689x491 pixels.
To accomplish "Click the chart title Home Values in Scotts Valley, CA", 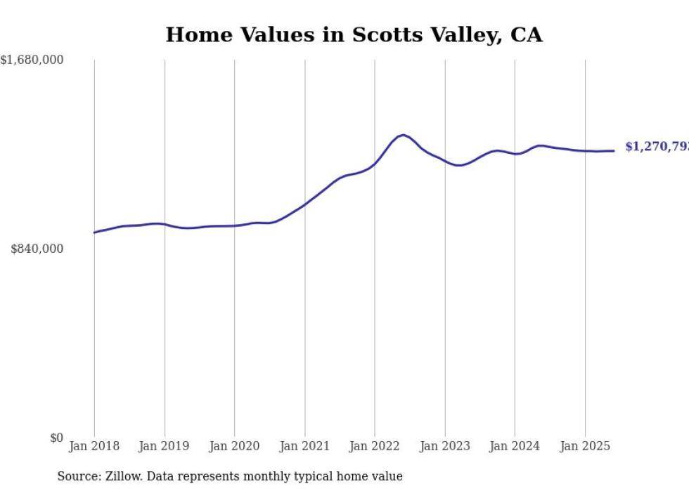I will pos(354,34).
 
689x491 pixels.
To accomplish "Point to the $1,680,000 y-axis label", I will pos(32,60).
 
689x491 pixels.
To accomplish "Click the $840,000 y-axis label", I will pos(37,249).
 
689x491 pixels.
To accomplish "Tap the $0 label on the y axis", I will pos(56,438).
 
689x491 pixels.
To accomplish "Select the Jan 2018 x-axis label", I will pos(94,446).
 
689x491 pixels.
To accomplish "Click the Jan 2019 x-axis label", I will pos(164,446).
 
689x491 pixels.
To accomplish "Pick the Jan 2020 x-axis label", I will pos(234,446).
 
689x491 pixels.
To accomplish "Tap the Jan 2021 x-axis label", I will pos(304,446).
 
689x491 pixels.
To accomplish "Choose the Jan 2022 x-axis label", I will pos(375,446).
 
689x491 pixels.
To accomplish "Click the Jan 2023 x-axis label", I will pos(444,446).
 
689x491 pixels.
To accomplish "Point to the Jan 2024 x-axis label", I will pos(515,446).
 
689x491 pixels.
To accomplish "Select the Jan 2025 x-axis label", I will pos(585,446).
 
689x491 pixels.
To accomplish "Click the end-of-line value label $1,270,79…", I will pos(657,147).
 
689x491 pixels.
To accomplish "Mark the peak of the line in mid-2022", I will pos(403,135).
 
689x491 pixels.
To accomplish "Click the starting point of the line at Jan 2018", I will pos(95,233).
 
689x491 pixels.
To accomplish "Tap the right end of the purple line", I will pos(614,151).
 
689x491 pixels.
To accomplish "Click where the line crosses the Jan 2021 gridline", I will pos(304,204).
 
